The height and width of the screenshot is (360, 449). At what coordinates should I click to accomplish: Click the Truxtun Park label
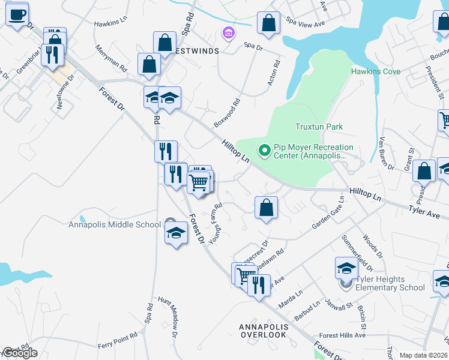click(x=319, y=127)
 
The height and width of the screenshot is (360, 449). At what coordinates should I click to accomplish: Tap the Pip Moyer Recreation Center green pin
click(x=264, y=150)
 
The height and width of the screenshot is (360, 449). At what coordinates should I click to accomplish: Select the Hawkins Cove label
click(x=375, y=72)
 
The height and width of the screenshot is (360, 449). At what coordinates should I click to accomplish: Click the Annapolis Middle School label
click(x=115, y=225)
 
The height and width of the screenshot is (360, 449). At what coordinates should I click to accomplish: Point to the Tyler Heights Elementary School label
click(x=390, y=283)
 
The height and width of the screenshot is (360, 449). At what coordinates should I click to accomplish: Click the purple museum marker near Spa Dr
click(x=228, y=32)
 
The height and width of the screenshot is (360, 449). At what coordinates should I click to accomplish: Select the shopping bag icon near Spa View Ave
click(x=268, y=24)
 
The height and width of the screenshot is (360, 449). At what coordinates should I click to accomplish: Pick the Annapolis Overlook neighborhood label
click(x=264, y=331)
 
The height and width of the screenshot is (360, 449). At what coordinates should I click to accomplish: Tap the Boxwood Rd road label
click(x=227, y=113)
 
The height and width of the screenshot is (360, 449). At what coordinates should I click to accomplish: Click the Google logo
click(x=20, y=353)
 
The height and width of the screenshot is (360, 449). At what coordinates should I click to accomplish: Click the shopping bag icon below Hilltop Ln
click(x=266, y=208)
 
